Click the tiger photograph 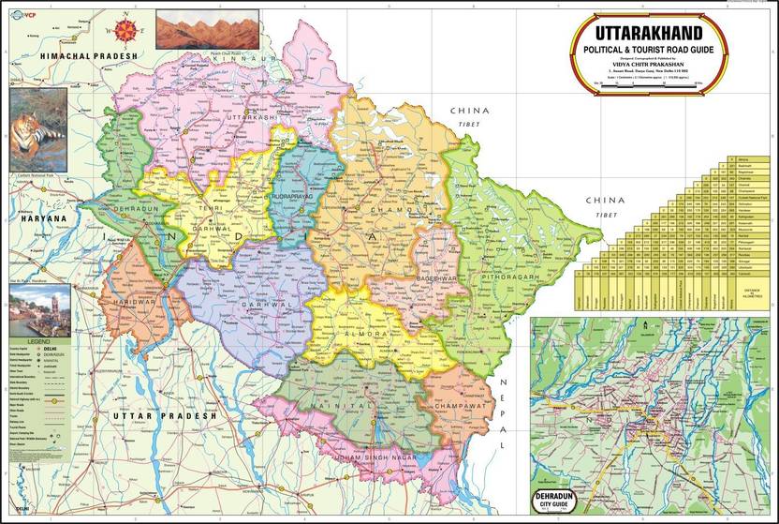click(38, 129)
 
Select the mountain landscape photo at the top click(194, 29)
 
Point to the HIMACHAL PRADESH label click(89, 56)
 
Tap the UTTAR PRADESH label click(165, 415)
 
